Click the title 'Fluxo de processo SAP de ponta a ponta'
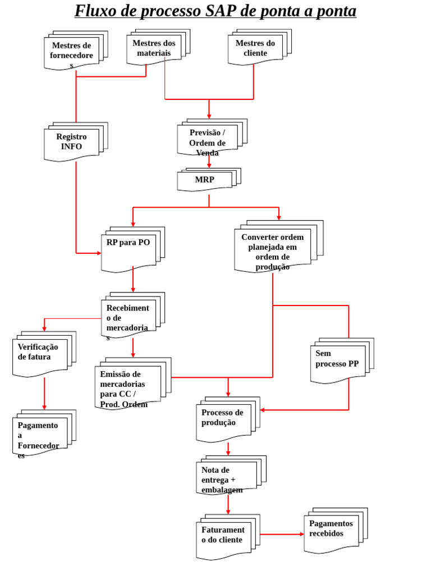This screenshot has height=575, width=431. tap(215, 11)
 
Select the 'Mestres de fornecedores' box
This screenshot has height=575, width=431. tap(72, 53)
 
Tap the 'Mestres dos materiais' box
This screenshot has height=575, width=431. tap(154, 48)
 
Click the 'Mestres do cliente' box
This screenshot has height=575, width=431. tap(255, 48)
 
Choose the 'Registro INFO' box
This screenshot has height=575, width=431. tap(72, 142)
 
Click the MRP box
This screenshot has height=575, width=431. tap(205, 180)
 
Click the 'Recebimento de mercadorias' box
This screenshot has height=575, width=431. tap(129, 317)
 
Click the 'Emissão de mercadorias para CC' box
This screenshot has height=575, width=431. tap(128, 386)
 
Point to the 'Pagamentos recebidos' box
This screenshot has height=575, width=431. tap(332, 531)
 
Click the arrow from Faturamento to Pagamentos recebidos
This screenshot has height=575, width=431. tap(282, 534)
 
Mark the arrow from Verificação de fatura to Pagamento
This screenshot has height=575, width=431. tap(44, 393)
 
